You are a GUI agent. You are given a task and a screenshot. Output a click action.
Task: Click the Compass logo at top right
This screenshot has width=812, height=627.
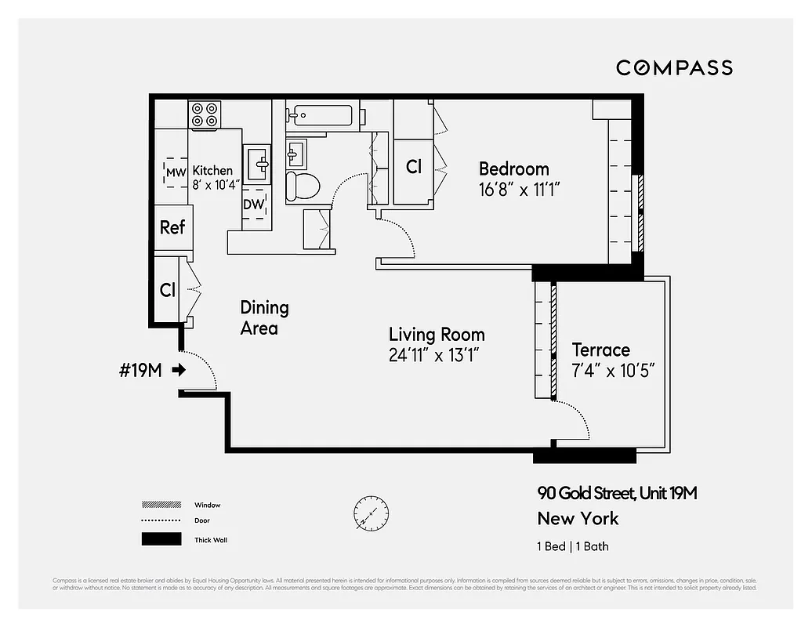click(x=674, y=67)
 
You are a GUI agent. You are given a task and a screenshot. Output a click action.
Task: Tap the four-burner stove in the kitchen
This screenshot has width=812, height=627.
click(x=205, y=115)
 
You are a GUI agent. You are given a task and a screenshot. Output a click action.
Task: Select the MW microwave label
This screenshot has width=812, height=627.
click(x=176, y=172)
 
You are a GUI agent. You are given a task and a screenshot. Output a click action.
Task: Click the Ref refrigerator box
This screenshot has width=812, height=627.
click(x=172, y=227)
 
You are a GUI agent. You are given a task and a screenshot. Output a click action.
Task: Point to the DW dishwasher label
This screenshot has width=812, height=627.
click(x=252, y=205)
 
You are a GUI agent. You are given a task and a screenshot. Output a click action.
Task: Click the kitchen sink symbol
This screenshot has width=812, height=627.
click(x=259, y=165)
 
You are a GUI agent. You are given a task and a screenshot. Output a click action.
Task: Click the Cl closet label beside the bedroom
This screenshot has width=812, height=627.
click(x=413, y=167)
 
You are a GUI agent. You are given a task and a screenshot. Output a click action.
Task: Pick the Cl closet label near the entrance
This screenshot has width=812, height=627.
click(x=168, y=290)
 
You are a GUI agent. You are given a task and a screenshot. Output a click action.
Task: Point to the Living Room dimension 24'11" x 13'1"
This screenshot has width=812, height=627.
click(x=433, y=355)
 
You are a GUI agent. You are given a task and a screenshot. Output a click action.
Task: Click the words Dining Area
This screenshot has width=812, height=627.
click(x=264, y=317)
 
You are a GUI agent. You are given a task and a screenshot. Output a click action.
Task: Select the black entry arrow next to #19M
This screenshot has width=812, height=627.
click(x=179, y=370)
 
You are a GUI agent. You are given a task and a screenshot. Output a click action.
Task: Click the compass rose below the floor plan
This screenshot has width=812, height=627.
click(x=370, y=512)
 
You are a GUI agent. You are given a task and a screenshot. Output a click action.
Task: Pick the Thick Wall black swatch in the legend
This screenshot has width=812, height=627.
click(x=160, y=539)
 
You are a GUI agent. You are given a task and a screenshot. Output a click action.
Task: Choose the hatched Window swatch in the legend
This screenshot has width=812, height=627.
click(x=160, y=505)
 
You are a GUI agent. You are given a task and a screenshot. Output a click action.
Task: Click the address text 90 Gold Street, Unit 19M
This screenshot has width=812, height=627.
click(x=617, y=493)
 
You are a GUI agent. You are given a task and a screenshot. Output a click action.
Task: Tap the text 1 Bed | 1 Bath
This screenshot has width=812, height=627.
click(x=573, y=546)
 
